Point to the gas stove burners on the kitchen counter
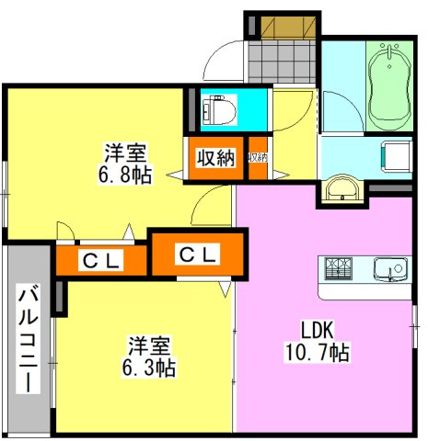[x=337, y=270]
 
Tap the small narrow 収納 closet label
[x=258, y=158]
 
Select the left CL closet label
[x=101, y=262]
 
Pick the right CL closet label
[x=197, y=254]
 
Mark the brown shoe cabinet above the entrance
[x=283, y=26]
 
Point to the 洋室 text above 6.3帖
[x=150, y=346]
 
